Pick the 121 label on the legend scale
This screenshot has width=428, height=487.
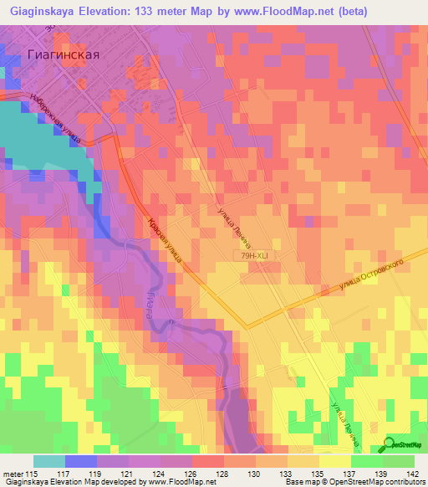point(128,474)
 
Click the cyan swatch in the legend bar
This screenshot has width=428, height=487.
point(48,461)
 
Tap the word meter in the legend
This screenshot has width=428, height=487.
point(12,474)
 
